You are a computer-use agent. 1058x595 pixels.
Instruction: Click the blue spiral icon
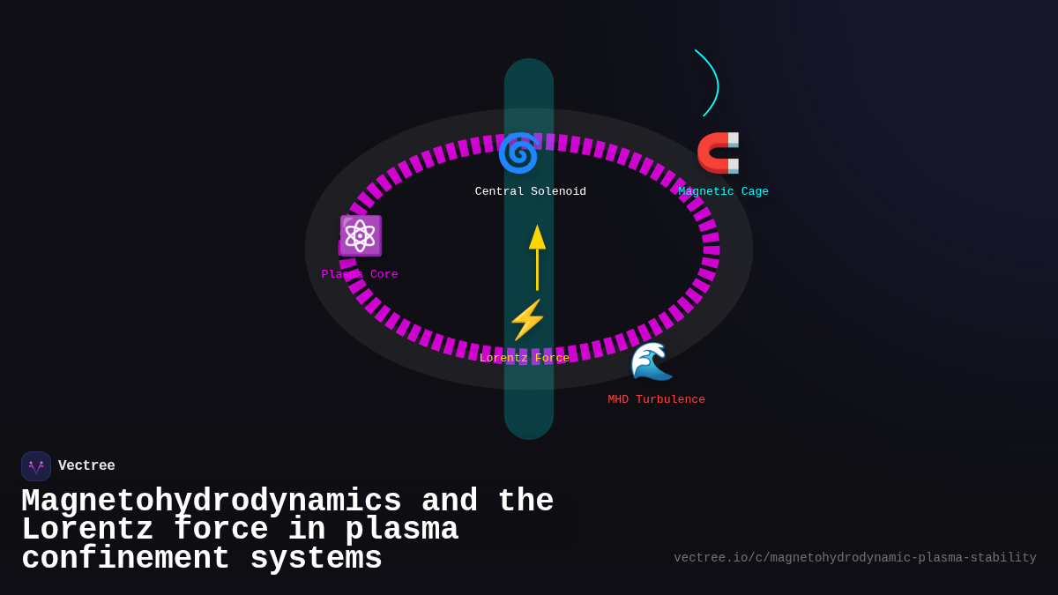[x=518, y=153]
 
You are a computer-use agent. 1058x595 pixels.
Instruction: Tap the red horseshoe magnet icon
[x=719, y=152]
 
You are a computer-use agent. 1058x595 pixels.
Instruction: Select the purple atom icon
[x=360, y=235]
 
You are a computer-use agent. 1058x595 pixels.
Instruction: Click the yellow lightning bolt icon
[x=527, y=319]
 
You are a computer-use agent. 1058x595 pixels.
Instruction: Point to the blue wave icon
[x=652, y=361]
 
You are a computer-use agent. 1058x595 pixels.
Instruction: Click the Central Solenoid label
[x=530, y=191]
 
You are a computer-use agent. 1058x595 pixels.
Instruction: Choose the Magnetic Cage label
[x=723, y=191]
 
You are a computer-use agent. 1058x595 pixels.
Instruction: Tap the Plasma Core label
[x=360, y=274]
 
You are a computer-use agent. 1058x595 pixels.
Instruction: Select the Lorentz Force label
[x=525, y=359]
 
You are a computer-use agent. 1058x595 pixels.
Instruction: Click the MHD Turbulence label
[x=656, y=399]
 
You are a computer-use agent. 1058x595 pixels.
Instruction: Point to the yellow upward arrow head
[x=537, y=237]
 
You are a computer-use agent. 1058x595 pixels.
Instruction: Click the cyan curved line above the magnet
[x=713, y=81]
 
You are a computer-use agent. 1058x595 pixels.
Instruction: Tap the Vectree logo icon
[x=36, y=466]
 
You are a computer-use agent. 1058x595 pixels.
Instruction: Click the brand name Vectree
[x=86, y=466]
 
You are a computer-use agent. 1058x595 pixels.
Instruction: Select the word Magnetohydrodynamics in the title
[x=212, y=501]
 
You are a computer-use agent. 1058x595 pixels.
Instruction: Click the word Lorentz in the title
[x=87, y=530]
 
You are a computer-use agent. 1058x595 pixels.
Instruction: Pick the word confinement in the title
[x=125, y=559]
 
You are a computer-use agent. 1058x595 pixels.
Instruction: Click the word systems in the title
[x=317, y=559]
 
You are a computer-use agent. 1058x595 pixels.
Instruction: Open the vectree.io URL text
[x=854, y=558]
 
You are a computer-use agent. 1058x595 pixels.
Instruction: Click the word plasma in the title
[x=401, y=530]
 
